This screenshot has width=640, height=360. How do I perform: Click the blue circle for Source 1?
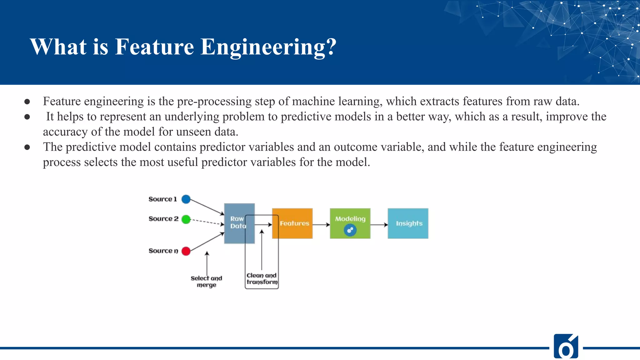coord(186,199)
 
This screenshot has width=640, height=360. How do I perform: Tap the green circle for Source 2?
coord(186,219)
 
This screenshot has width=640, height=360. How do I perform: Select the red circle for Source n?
coord(186,251)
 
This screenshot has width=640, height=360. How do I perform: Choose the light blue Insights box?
coord(408,223)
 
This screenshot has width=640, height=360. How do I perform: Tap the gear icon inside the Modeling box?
coord(350,231)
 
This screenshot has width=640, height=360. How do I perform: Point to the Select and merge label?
coord(206,281)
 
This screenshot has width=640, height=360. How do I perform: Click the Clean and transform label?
coord(262,278)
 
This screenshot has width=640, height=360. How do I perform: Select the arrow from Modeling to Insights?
coord(379,224)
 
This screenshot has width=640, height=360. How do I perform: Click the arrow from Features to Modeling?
coord(321,224)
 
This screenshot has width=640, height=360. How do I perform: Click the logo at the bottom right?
coord(566,346)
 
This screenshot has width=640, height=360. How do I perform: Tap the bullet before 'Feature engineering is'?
coord(27,102)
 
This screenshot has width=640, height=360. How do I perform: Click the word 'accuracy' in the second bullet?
coord(65,132)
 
